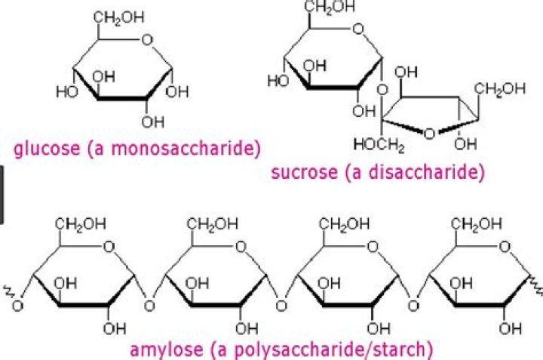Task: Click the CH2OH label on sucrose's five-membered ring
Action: tap(500, 90)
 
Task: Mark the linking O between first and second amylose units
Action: tap(149, 306)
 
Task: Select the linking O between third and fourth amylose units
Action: tap(414, 306)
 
